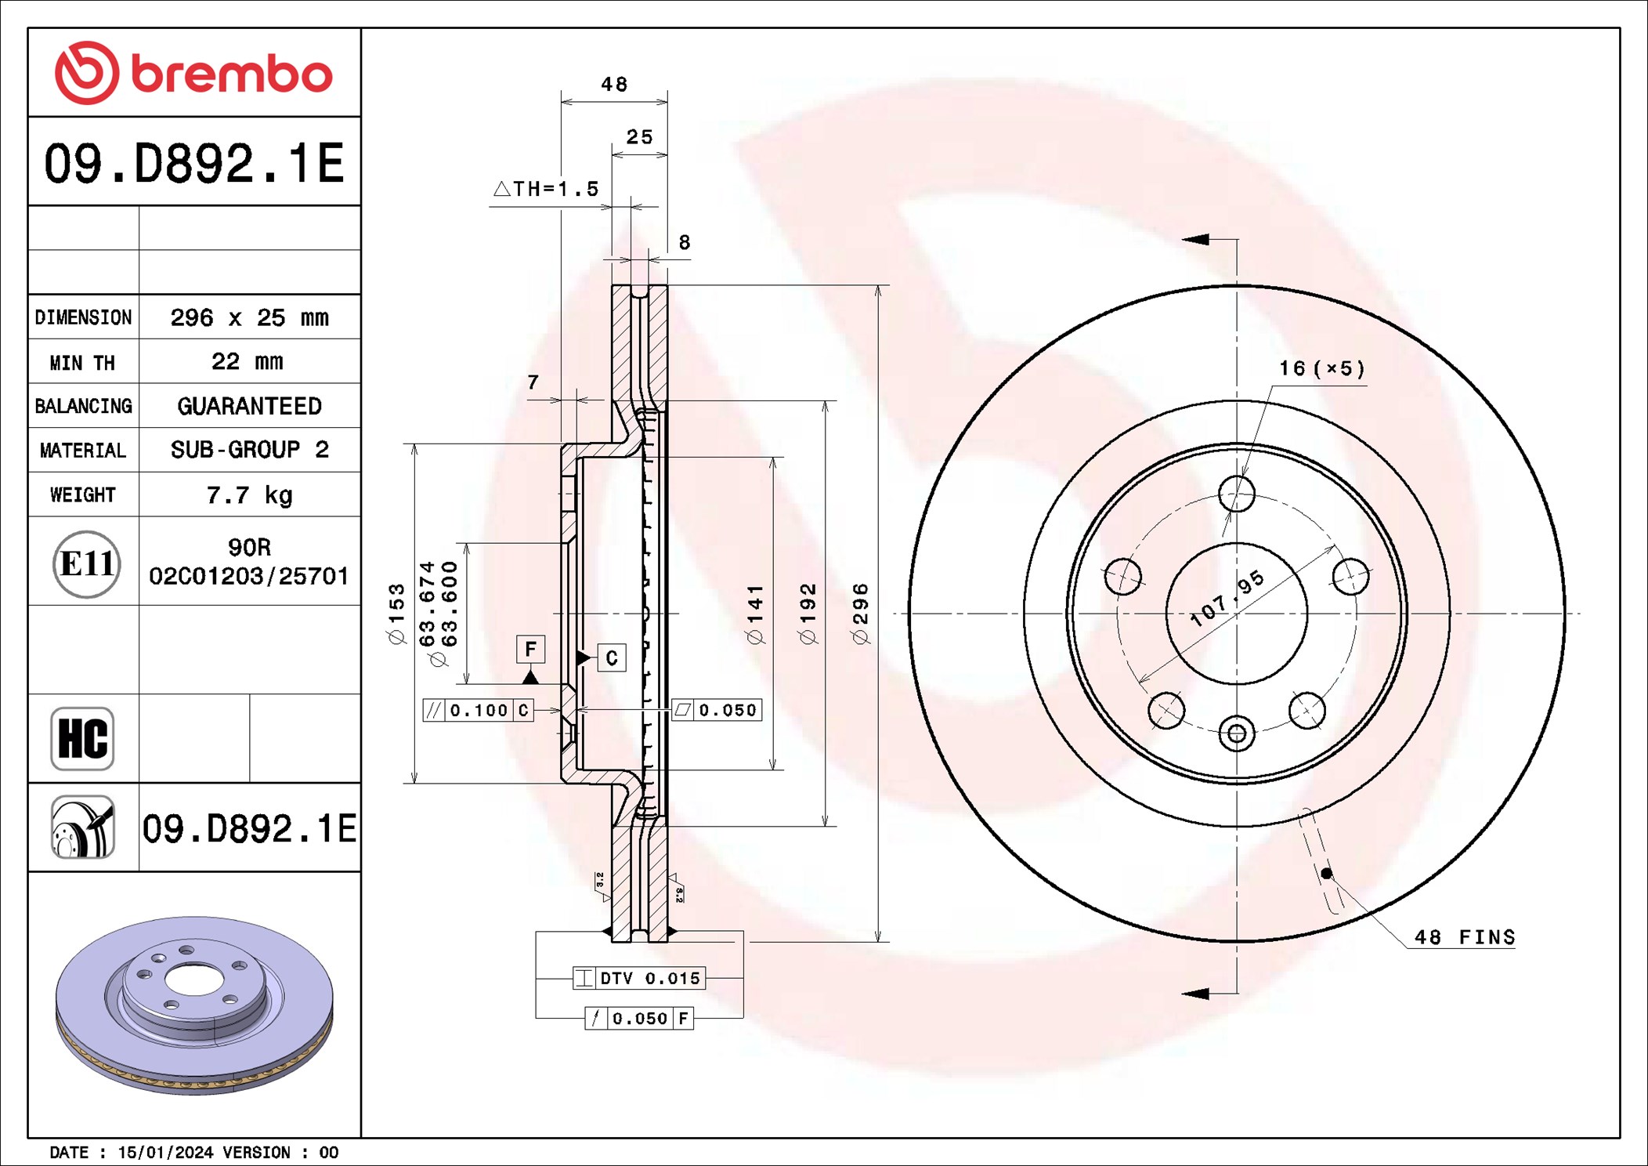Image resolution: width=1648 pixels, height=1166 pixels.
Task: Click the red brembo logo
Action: (193, 73)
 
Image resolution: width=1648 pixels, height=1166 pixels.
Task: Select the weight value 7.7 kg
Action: (249, 495)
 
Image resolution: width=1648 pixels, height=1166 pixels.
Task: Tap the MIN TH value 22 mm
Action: (248, 361)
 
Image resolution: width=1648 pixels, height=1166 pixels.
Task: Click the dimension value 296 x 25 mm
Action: (249, 317)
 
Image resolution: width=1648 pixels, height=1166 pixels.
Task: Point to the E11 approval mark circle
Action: (86, 563)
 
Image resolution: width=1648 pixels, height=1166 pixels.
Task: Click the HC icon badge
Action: (82, 739)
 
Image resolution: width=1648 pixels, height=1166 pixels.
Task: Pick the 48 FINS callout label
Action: (1464, 937)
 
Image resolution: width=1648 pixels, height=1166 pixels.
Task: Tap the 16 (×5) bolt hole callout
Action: (1322, 368)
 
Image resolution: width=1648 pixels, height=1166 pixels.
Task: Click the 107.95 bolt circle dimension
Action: (1227, 599)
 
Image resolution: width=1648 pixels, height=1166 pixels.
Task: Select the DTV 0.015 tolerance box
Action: (639, 978)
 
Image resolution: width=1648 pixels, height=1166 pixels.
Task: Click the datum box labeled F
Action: (530, 649)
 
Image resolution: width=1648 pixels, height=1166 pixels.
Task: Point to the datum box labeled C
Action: (611, 657)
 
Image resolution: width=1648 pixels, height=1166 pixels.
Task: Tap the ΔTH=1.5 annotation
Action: (546, 189)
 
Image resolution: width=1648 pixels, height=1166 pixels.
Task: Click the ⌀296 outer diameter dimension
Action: (860, 614)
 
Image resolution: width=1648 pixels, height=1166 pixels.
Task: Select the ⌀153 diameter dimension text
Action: (397, 614)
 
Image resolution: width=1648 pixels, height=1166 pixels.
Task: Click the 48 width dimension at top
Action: (614, 84)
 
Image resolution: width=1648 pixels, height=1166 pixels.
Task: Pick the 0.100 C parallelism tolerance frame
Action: (478, 710)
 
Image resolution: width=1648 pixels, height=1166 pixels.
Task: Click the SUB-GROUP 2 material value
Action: (249, 450)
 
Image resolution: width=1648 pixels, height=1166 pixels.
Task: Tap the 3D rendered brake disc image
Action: (194, 1005)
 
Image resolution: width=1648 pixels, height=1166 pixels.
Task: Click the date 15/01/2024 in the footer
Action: (165, 1152)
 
